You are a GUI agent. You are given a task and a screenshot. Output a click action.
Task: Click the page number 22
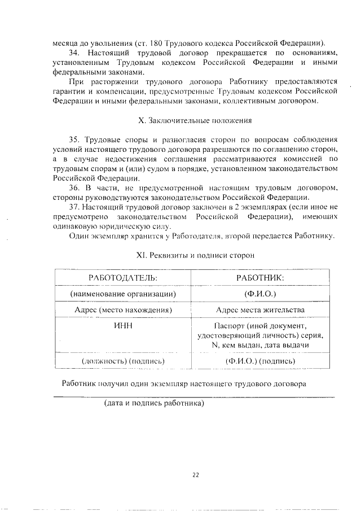[x=196, y=475]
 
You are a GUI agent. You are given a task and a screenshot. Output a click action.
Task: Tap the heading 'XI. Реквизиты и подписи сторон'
[x=196, y=255]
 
